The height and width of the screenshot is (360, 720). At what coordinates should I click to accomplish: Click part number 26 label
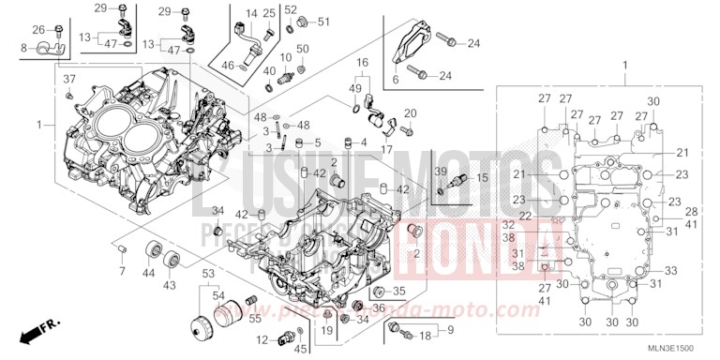click(38, 29)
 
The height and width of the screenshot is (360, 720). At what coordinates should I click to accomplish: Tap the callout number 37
click(68, 80)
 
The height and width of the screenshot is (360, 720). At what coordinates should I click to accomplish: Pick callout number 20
click(410, 113)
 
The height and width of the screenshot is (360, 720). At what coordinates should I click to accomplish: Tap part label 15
click(457, 177)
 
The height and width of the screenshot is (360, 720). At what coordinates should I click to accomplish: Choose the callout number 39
click(440, 172)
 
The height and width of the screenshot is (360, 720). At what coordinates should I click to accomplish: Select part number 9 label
click(450, 329)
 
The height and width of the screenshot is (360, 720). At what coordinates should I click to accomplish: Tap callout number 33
click(670, 269)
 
